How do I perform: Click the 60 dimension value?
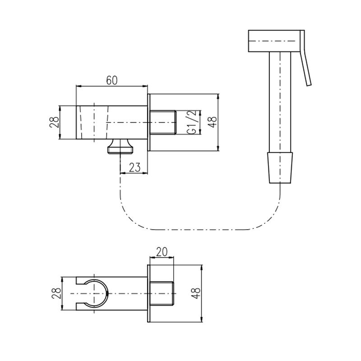(111, 80)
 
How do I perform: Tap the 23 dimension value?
(134, 167)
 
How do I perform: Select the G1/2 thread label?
(191, 122)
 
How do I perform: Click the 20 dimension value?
(162, 252)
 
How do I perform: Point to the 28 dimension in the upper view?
(54, 122)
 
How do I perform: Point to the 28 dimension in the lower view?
(57, 293)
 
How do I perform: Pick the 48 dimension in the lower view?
(196, 293)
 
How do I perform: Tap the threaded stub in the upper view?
(163, 122)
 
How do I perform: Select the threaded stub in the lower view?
(162, 293)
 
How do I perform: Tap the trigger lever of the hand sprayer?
(305, 58)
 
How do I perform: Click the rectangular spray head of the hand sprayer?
(274, 41)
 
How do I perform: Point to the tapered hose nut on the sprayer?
(280, 167)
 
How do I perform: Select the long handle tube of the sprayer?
(280, 102)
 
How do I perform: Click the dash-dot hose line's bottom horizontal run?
(200, 229)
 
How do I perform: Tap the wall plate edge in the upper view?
(148, 122)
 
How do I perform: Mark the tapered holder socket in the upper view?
(94, 122)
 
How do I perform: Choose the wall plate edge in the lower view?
(148, 293)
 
